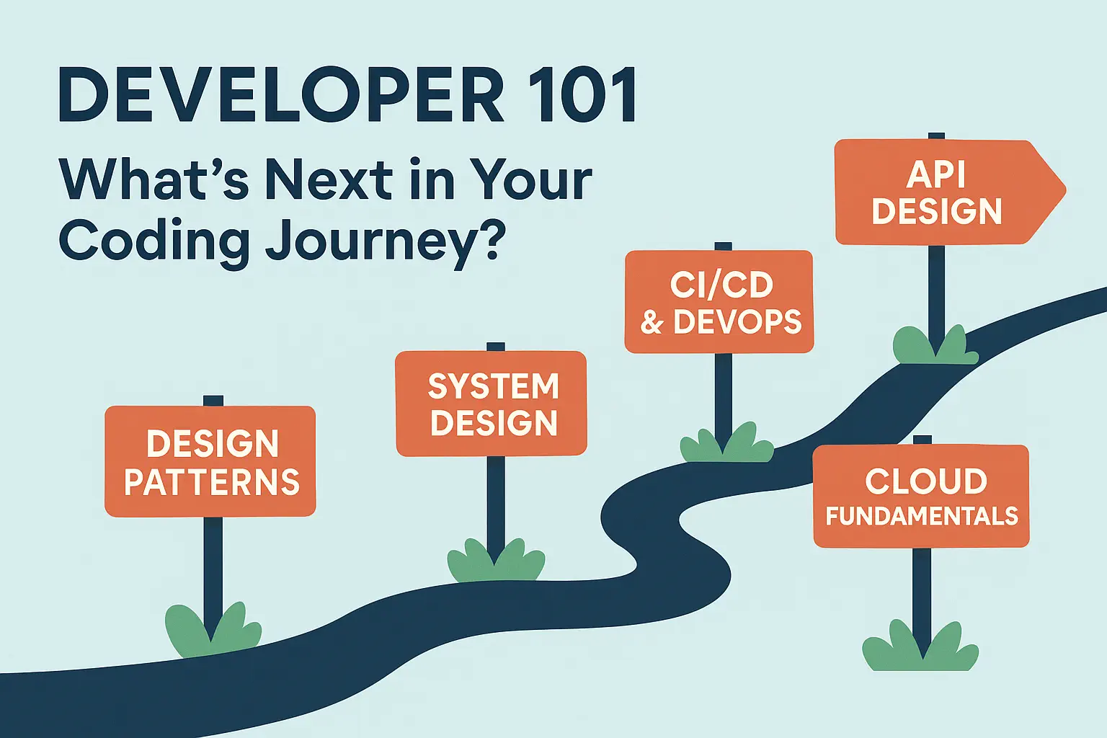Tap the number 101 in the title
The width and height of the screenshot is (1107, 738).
[582, 94]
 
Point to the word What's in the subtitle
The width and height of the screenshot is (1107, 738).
[154, 178]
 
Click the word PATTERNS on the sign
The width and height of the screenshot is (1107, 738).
[212, 481]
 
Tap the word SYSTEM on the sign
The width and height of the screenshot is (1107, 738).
[493, 386]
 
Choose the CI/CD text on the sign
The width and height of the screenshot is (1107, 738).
[721, 285]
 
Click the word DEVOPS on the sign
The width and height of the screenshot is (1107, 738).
[737, 321]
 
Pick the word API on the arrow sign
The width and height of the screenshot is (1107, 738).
[936, 175]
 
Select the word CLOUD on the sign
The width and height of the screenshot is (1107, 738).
[925, 481]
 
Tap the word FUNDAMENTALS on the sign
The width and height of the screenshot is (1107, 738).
[922, 516]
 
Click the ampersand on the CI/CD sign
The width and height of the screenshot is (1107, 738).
[652, 321]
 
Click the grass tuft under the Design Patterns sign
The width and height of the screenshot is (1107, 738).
[213, 631]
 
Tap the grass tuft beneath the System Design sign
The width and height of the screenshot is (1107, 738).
[496, 560]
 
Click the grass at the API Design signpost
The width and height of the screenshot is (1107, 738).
[935, 345]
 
